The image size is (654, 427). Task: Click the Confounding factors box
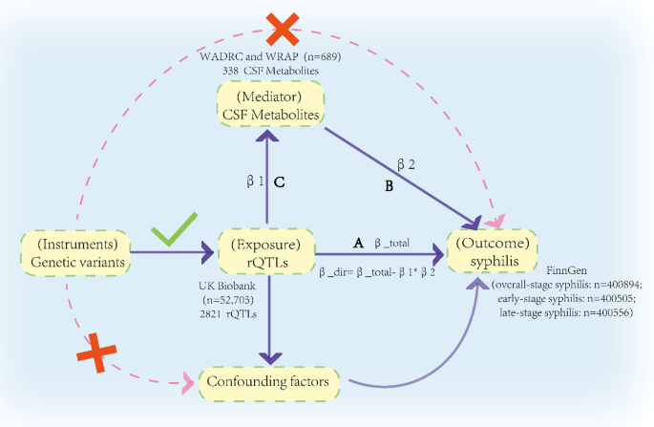[x=270, y=382]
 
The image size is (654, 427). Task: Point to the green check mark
[x=169, y=230]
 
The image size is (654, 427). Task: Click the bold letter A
[x=358, y=244]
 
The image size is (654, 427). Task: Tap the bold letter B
[x=389, y=187]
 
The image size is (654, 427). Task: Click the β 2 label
[x=405, y=165]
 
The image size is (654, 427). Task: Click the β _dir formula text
[x=377, y=272]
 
